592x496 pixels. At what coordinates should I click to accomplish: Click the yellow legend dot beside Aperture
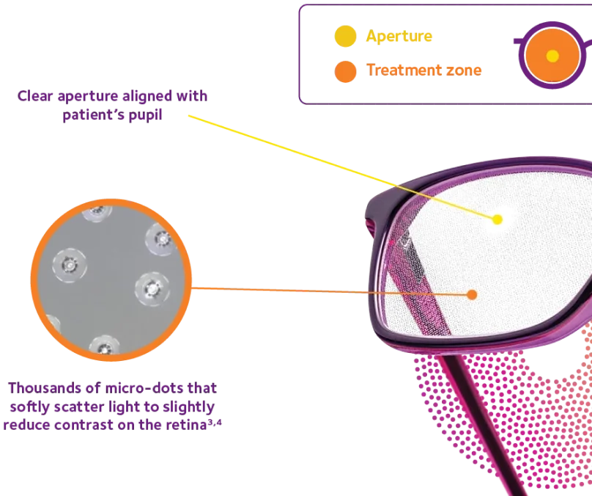[x=344, y=36]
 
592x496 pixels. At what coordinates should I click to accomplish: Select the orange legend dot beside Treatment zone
[x=344, y=71]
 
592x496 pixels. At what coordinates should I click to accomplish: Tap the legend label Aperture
[x=399, y=36]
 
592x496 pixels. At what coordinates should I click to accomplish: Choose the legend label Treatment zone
[x=424, y=71]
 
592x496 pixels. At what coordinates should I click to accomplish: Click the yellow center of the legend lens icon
[x=552, y=56]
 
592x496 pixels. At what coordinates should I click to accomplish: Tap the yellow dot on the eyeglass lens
[x=497, y=219]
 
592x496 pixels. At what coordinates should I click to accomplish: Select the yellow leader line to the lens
[x=337, y=164]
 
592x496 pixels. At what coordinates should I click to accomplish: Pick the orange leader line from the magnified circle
[x=330, y=290]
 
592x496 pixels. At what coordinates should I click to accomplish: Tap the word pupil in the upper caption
[x=143, y=115]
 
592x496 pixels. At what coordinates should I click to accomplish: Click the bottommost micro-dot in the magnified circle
[x=101, y=346]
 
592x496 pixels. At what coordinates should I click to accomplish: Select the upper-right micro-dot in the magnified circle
[x=160, y=238]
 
